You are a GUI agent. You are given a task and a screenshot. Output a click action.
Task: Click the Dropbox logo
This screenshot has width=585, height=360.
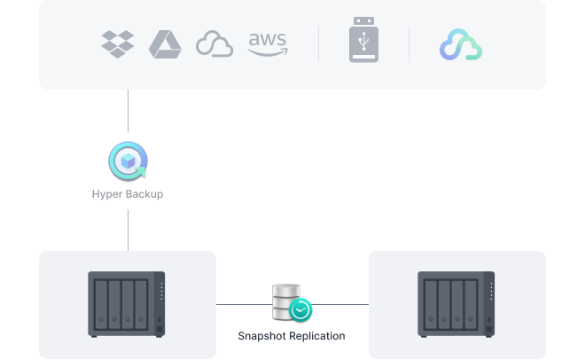tap(118, 43)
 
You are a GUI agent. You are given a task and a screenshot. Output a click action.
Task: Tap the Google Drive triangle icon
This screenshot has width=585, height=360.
tap(164, 43)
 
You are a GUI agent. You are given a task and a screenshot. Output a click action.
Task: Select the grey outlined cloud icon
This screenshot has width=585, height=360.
tap(214, 44)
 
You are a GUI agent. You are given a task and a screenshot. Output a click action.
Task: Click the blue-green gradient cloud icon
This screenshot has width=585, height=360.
tap(460, 44)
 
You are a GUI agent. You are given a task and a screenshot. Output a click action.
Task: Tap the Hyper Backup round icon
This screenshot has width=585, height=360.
tap(128, 162)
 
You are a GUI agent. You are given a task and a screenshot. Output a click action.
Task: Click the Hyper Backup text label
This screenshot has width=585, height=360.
tap(128, 193)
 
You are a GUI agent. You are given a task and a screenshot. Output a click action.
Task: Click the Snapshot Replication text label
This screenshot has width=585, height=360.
tap(292, 336)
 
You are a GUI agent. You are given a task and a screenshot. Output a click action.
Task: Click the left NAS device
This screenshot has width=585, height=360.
tap(127, 304)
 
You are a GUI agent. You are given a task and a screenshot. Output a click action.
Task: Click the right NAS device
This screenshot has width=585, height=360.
tap(456, 304)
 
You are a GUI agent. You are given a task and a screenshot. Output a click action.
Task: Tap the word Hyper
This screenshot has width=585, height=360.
tap(107, 193)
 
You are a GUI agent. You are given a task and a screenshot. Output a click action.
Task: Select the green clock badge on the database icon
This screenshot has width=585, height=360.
tap(301, 311)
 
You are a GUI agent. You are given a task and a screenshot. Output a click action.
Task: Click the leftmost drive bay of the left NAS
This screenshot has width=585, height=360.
tap(102, 303)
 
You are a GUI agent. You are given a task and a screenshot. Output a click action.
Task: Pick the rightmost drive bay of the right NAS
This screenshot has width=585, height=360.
tap(471, 303)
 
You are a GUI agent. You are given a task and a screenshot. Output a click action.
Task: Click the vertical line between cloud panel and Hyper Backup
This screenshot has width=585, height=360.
tap(128, 111)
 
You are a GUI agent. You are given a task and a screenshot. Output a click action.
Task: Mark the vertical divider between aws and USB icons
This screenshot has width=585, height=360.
tap(319, 43)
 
